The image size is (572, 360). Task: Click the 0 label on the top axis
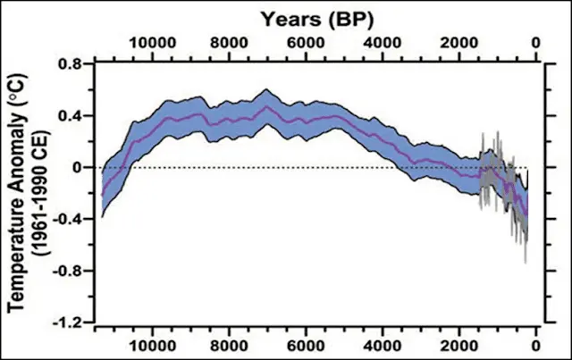tap(535, 42)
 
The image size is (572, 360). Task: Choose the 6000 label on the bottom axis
tap(307, 344)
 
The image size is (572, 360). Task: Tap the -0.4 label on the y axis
tap(67, 219)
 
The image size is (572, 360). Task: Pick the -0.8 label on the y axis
tap(67, 270)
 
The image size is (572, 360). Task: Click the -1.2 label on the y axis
tap(67, 321)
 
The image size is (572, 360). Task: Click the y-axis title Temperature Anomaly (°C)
tap(15, 192)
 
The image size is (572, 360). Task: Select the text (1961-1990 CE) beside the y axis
tap(38, 192)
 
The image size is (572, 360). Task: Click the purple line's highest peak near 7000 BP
tap(267, 105)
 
